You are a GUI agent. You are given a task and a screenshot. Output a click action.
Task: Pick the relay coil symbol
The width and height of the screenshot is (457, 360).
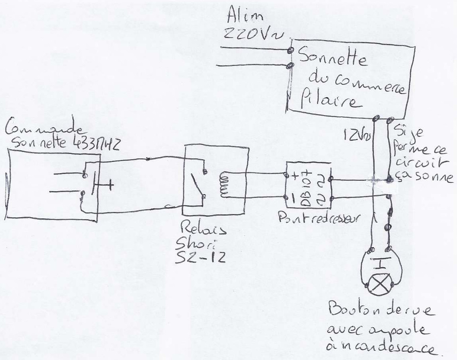(224, 184)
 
